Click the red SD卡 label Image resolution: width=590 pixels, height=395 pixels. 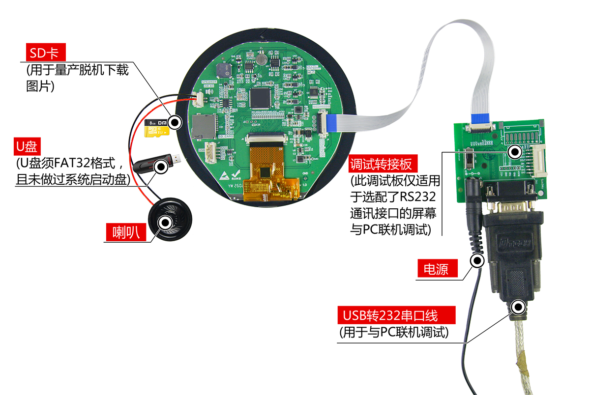point(45,53)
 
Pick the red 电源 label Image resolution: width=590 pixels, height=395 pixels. point(437,269)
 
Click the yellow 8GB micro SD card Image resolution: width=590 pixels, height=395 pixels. point(157,127)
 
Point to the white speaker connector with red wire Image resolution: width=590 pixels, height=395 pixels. point(201,100)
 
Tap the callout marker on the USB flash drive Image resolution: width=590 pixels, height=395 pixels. point(160,167)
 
